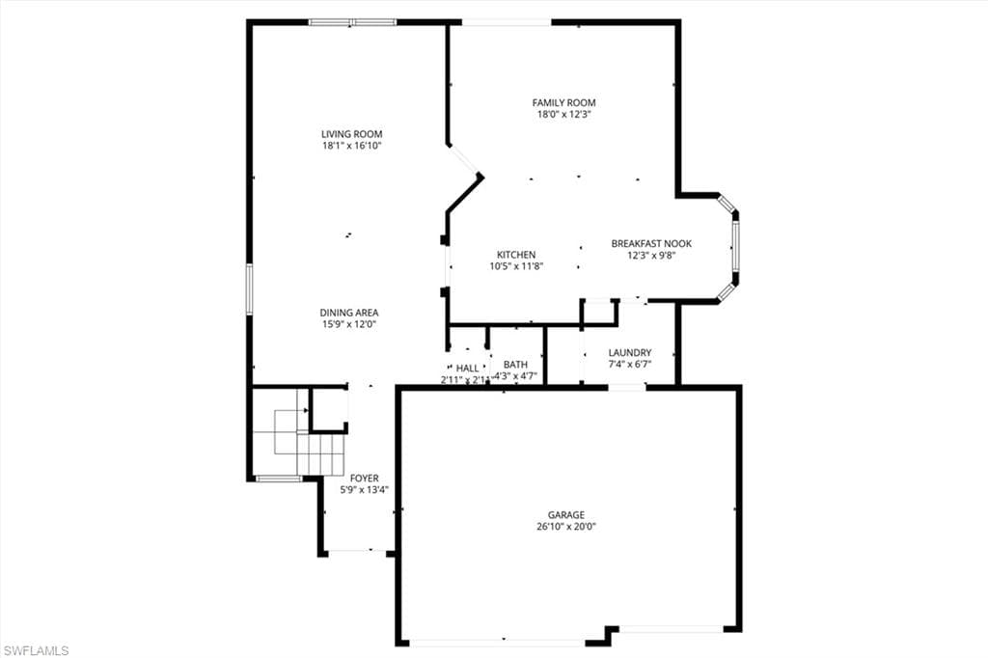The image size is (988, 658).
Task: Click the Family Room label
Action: (x=563, y=102)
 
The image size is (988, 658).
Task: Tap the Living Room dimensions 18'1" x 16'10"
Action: (x=352, y=146)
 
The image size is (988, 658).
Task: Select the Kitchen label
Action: (x=516, y=255)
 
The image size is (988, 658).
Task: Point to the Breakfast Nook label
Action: (x=651, y=243)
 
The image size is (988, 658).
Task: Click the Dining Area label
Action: (x=349, y=313)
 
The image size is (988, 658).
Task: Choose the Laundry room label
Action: (x=630, y=353)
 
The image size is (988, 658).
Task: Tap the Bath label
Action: (x=515, y=365)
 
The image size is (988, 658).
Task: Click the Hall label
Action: (x=467, y=368)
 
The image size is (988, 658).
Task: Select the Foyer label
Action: (x=364, y=479)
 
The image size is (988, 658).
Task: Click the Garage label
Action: (x=566, y=515)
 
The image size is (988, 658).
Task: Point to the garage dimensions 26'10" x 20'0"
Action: (x=566, y=527)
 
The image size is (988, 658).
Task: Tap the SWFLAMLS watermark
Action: (x=36, y=650)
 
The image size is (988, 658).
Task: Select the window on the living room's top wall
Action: (x=352, y=22)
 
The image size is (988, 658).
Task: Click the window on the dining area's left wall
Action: (x=249, y=288)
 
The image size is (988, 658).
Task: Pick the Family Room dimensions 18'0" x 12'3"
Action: (x=563, y=114)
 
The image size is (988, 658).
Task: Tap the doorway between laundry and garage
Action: (x=626, y=387)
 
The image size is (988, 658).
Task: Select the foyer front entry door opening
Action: (x=356, y=552)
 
